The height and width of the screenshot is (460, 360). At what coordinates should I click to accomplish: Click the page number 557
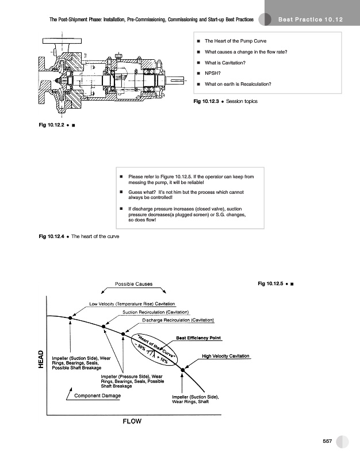(328, 440)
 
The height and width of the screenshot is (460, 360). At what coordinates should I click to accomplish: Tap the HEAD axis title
(41, 359)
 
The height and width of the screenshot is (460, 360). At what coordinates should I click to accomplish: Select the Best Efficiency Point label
(199, 338)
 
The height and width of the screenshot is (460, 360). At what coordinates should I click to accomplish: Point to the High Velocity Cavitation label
(226, 356)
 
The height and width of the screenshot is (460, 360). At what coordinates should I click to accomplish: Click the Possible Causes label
(133, 284)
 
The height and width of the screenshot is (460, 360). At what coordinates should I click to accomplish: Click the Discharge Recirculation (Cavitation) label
(178, 320)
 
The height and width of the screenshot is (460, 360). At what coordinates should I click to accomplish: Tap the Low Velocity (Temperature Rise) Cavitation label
(132, 304)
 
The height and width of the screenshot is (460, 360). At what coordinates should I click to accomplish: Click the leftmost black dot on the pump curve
(70, 317)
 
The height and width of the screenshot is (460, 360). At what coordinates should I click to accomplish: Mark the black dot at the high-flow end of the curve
(183, 370)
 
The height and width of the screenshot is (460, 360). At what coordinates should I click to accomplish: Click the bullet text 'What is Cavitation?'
(225, 63)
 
